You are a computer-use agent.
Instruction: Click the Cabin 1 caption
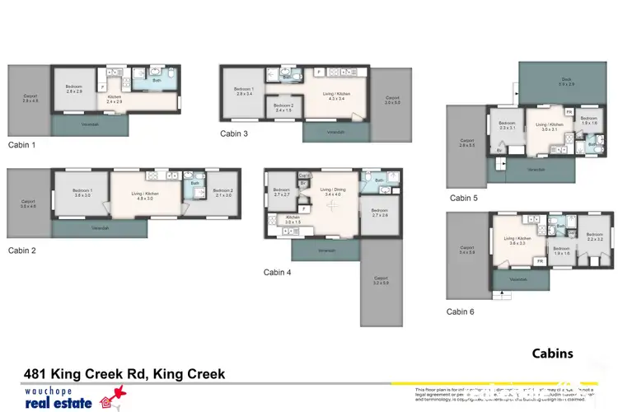(21, 144)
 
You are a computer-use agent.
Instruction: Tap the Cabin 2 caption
(21, 250)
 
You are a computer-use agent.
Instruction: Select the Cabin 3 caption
(234, 133)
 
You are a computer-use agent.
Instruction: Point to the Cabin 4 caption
(278, 272)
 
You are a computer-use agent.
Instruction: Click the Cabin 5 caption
(463, 198)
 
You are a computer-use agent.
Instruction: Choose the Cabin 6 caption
(461, 311)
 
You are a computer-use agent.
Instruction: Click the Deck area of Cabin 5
(566, 83)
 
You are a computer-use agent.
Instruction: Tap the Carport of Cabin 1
(30, 101)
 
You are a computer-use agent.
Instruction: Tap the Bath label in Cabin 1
(157, 81)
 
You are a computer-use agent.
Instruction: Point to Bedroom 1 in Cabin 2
(82, 194)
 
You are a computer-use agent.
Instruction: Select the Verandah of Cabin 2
(99, 228)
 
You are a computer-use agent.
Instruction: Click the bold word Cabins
(552, 353)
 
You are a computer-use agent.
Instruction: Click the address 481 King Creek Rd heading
(124, 374)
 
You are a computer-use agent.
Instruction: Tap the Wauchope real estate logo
(65, 397)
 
